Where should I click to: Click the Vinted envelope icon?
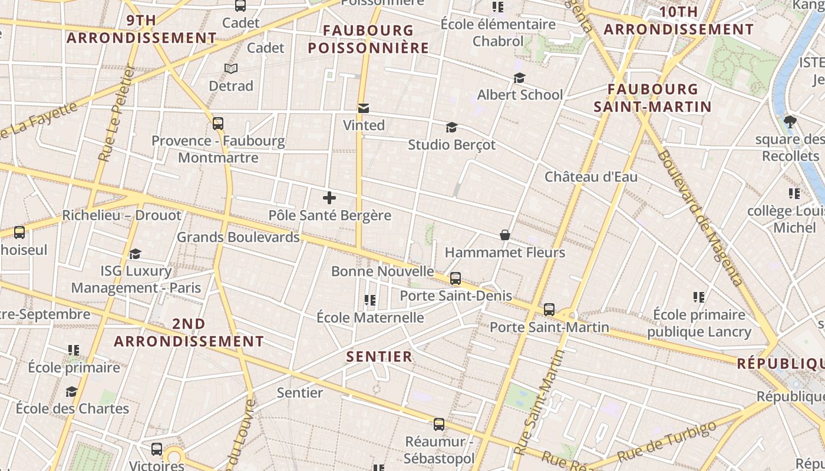(364, 108)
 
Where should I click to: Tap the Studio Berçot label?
(451, 144)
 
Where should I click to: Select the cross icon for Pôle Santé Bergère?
(329, 198)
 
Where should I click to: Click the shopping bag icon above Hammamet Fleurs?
(505, 235)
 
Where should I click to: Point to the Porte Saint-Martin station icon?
(549, 309)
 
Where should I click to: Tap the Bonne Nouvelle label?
(382, 271)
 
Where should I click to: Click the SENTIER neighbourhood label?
(379, 357)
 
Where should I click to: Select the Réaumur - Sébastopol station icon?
(439, 424)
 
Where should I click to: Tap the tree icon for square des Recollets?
(790, 122)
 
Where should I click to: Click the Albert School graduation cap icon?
(519, 78)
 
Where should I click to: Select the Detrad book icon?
(231, 69)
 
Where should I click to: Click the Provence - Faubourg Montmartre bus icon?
(218, 124)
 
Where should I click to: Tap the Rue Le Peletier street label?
(116, 113)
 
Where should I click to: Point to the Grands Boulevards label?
(238, 237)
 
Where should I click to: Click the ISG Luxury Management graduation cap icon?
(136, 254)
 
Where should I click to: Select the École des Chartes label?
(72, 408)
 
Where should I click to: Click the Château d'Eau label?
(590, 177)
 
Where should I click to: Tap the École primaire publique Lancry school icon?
(699, 298)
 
